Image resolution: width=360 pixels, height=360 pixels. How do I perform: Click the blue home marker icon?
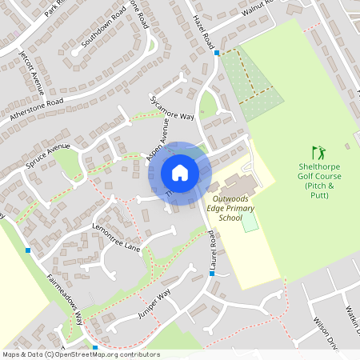pyautogui.click(x=180, y=173)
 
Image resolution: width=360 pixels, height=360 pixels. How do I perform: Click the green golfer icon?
pyautogui.click(x=319, y=152)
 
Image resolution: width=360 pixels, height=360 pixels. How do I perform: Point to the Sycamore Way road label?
pyautogui.click(x=172, y=108)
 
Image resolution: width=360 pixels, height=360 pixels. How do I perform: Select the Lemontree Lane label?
pyautogui.click(x=115, y=238)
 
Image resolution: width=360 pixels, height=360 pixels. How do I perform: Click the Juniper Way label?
pyautogui.click(x=154, y=305)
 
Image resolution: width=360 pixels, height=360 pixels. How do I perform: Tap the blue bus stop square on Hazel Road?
pyautogui.click(x=217, y=53)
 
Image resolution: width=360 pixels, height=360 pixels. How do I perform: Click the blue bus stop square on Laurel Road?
pyautogui.click(x=212, y=274)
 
